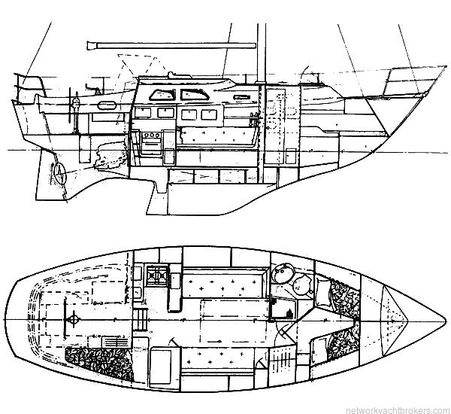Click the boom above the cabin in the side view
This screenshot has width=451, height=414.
pyautogui.click(x=171, y=45)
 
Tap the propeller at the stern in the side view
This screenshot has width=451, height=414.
pyautogui.click(x=60, y=173)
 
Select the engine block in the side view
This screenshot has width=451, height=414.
pyautogui.click(x=111, y=156)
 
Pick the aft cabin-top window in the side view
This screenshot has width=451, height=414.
pyautogui.click(x=162, y=95)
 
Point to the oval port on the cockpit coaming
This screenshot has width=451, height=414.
pyautogui.click(x=107, y=105)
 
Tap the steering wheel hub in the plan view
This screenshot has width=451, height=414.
pyautogui.click(x=74, y=319)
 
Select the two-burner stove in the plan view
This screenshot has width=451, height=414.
pyautogui.click(x=157, y=275)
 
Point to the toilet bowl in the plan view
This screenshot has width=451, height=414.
pyautogui.click(x=302, y=285)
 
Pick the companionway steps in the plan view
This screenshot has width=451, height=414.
pyautogui.click(x=141, y=319)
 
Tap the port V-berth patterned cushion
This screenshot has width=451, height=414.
pyautogui.click(x=344, y=298)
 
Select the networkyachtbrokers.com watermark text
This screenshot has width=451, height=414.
pyautogui.click(x=398, y=410)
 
